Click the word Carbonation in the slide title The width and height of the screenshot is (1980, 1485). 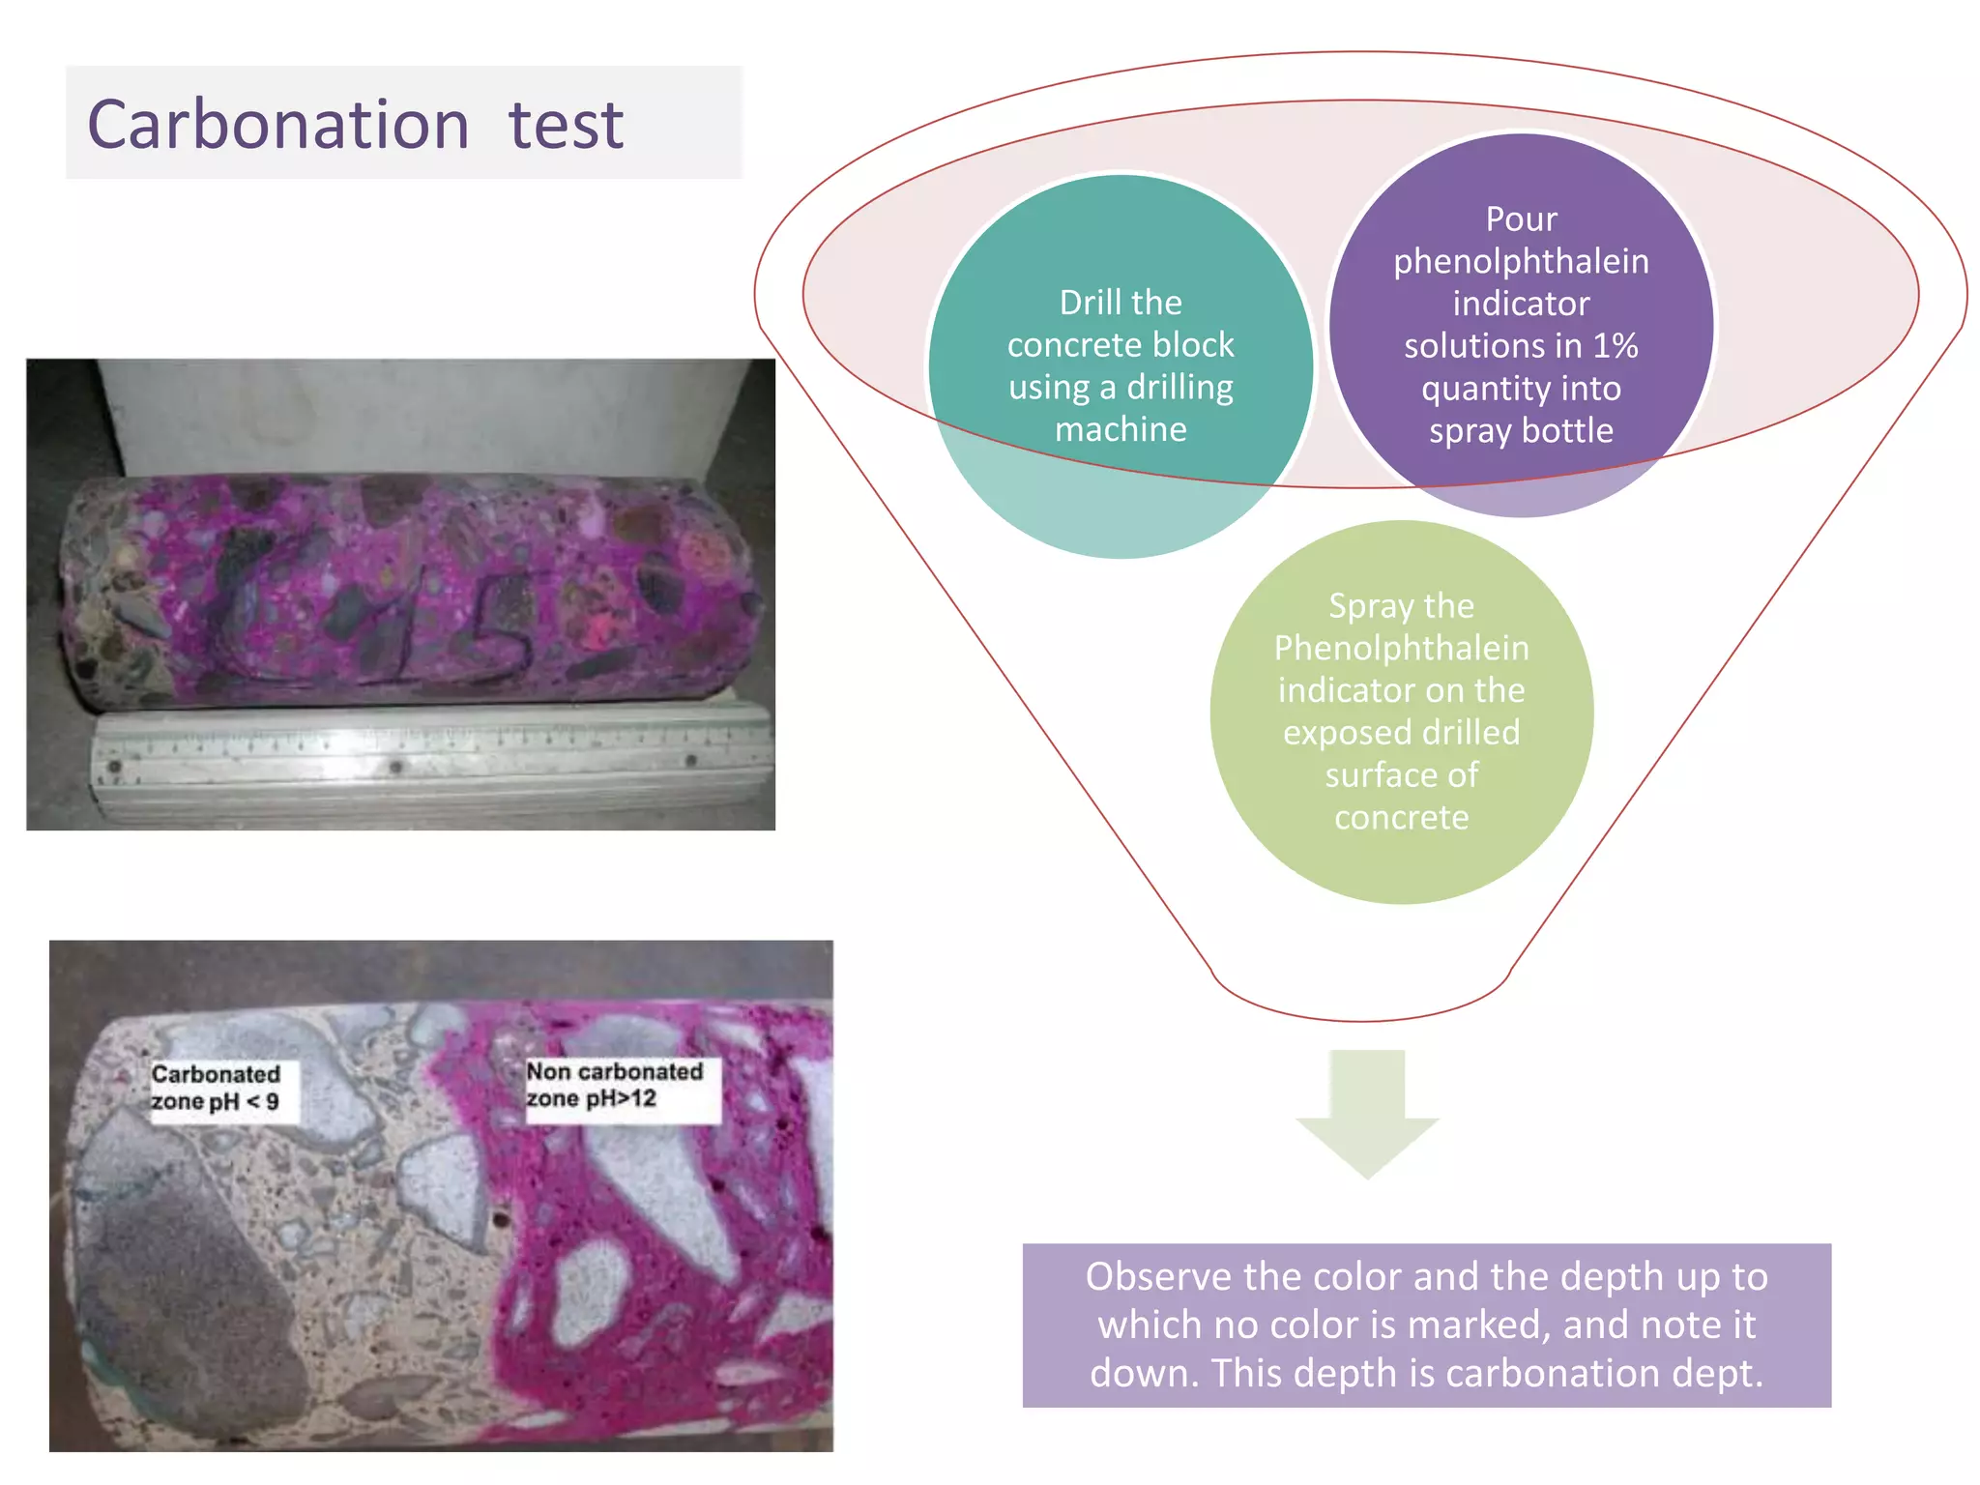(278, 125)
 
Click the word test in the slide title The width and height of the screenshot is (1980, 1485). (567, 125)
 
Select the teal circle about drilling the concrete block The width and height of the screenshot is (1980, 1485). (1121, 366)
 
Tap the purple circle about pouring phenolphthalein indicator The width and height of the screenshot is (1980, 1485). (1521, 325)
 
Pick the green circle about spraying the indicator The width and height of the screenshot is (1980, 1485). (1402, 713)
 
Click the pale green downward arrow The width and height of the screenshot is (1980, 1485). (1367, 1114)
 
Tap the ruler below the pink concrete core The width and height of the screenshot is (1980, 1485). (431, 766)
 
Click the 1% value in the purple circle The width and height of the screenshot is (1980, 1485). (1615, 345)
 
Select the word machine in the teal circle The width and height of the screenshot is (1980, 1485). (1121, 428)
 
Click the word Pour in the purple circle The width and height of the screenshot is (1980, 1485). (1521, 218)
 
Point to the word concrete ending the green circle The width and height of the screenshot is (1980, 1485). (1402, 818)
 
